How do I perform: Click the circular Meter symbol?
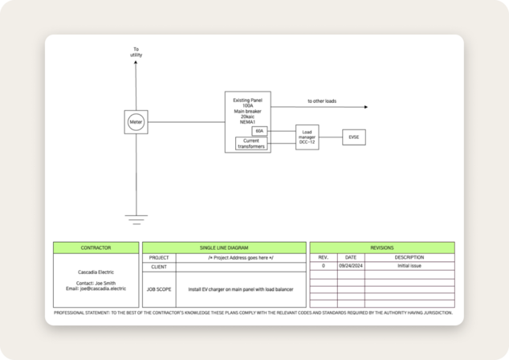click(136, 122)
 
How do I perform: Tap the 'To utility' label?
click(136, 51)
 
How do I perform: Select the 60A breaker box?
click(259, 130)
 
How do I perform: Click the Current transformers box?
click(251, 143)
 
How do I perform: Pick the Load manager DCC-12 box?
click(307, 137)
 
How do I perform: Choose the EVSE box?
click(354, 137)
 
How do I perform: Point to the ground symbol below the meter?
click(136, 217)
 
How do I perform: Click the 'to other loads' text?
click(322, 101)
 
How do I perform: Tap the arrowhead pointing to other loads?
click(366, 107)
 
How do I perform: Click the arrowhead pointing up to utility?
click(136, 63)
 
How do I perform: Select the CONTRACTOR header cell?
click(96, 247)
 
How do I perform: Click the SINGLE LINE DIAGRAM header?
click(224, 247)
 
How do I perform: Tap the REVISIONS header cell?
click(381, 247)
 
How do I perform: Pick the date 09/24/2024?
click(351, 265)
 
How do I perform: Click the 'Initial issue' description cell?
click(409, 265)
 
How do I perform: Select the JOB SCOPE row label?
click(159, 288)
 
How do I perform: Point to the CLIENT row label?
click(159, 266)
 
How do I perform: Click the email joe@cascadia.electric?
click(96, 288)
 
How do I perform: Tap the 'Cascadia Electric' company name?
click(96, 272)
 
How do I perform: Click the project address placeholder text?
click(241, 257)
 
